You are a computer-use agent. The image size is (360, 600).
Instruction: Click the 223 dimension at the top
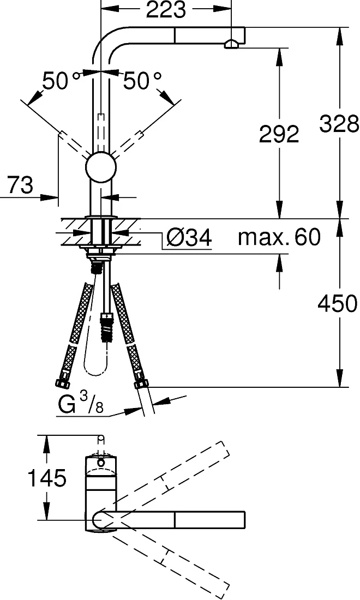click(x=166, y=10)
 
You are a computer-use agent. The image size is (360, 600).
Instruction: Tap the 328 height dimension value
click(x=339, y=124)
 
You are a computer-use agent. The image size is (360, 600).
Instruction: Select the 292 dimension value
click(x=279, y=134)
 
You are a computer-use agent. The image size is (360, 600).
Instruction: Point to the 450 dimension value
click(x=338, y=303)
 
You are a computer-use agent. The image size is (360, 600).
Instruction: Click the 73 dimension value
click(x=20, y=185)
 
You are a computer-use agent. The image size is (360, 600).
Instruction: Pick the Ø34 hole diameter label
click(x=189, y=238)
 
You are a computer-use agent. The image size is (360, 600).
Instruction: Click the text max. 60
click(x=279, y=237)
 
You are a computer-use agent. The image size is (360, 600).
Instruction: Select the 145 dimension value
click(x=47, y=478)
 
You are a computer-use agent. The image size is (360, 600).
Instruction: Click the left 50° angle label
click(x=61, y=81)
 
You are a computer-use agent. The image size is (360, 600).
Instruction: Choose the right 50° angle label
click(x=142, y=81)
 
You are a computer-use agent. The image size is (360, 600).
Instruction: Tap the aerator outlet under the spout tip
click(x=231, y=44)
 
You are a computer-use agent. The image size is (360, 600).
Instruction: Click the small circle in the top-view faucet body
click(x=100, y=462)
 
